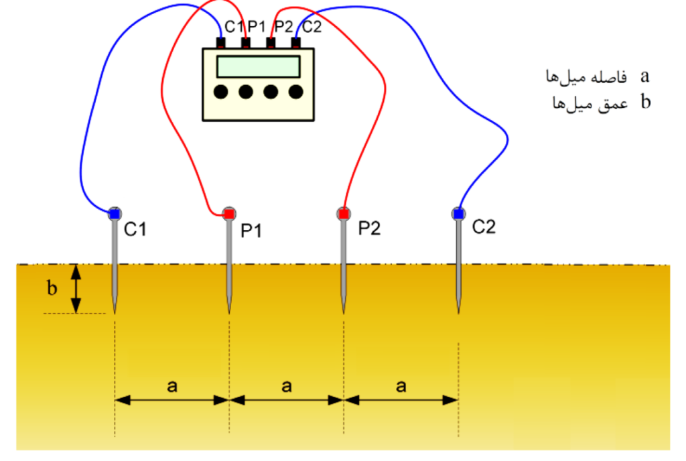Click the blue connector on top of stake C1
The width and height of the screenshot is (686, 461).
pyautogui.click(x=114, y=214)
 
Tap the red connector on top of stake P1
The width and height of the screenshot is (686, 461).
pyautogui.click(x=229, y=213)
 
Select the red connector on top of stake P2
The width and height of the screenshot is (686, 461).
pyautogui.click(x=343, y=214)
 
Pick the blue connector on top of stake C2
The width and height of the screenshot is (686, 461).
pyautogui.click(x=458, y=213)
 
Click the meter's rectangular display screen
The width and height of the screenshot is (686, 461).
pyautogui.click(x=259, y=67)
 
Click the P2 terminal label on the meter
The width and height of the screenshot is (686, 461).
pyautogui.click(x=284, y=27)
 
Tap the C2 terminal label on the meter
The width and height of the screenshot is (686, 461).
pyautogui.click(x=312, y=27)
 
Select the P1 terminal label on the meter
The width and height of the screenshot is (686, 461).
pyautogui.click(x=257, y=27)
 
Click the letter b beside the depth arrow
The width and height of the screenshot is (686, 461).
pyautogui.click(x=52, y=289)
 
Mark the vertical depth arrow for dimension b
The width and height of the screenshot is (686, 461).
pyautogui.click(x=76, y=289)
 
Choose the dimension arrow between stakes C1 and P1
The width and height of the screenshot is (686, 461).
pyautogui.click(x=172, y=400)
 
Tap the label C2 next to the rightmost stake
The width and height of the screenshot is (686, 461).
pyautogui.click(x=484, y=227)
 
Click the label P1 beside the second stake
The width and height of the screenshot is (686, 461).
pyautogui.click(x=252, y=231)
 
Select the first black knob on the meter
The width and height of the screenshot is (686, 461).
pyautogui.click(x=221, y=92)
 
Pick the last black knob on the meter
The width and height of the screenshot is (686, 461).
pyautogui.click(x=295, y=92)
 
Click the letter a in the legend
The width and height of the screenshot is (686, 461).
pyautogui.click(x=645, y=75)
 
